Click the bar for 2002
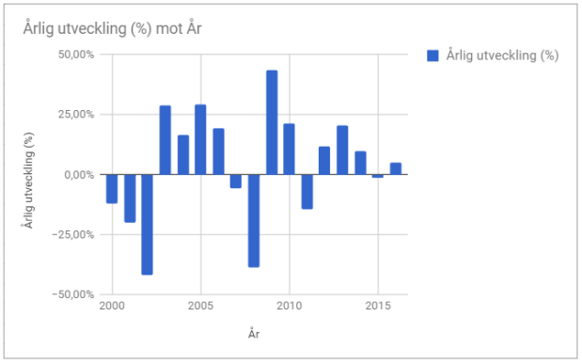(148, 224)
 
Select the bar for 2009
(272, 122)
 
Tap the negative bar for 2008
(254, 220)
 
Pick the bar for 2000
(112, 188)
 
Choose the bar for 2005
(200, 139)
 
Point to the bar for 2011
(307, 191)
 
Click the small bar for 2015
(378, 176)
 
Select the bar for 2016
(396, 168)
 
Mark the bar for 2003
(165, 139)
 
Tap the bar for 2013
(342, 150)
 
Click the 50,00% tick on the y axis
(75, 55)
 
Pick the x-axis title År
(254, 332)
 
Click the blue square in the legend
(433, 55)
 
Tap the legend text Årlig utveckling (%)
(502, 55)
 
